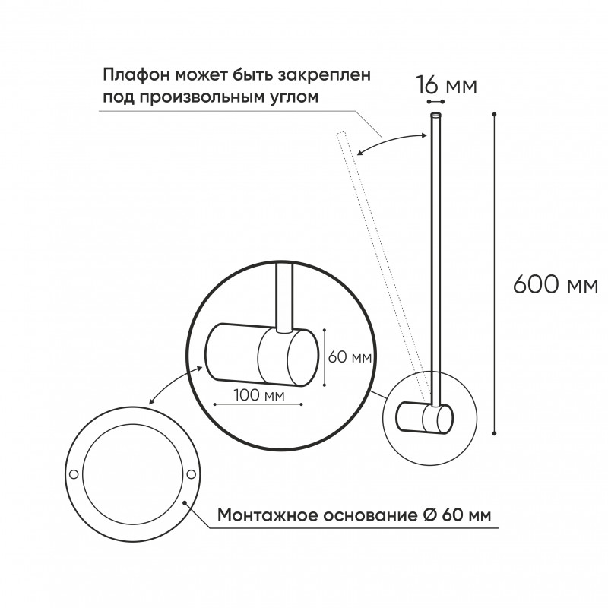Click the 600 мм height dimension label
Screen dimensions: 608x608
pyautogui.click(x=555, y=285)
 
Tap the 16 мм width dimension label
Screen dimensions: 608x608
pyautogui.click(x=446, y=86)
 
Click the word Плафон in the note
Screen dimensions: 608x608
pyautogui.click(x=137, y=76)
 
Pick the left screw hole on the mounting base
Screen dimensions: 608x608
pyautogui.click(x=74, y=474)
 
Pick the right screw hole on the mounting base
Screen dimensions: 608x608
pyautogui.click(x=190, y=474)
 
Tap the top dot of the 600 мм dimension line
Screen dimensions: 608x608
pyautogui.click(x=495, y=115)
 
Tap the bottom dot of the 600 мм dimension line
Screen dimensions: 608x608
pyautogui.click(x=495, y=433)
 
